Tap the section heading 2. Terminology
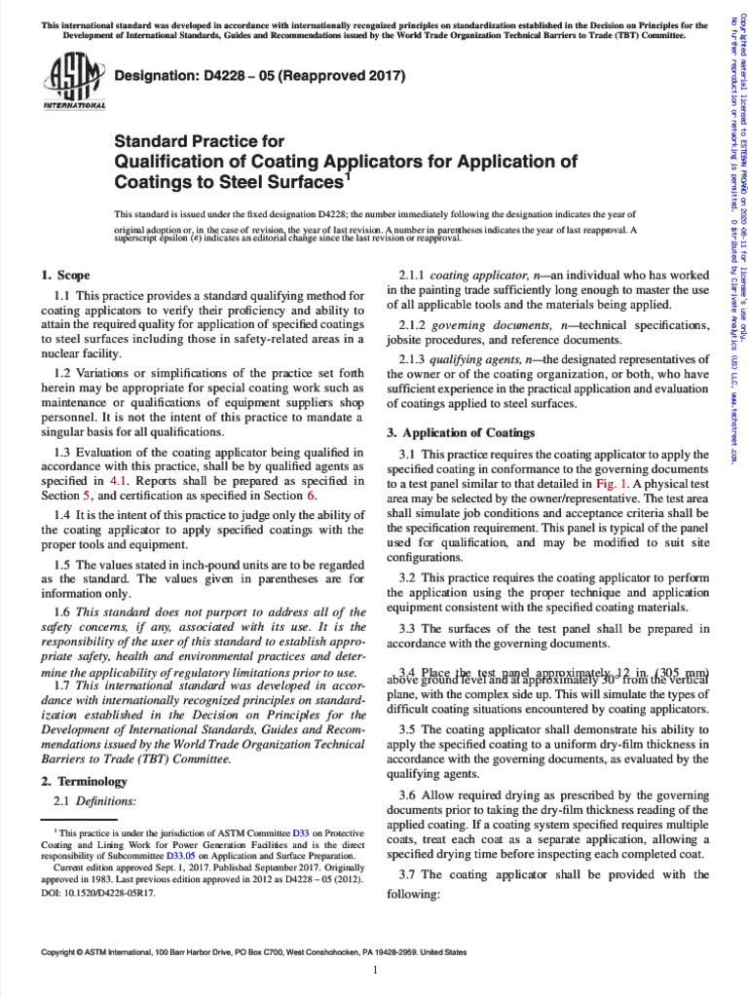click(84, 781)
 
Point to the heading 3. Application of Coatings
click(461, 432)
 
